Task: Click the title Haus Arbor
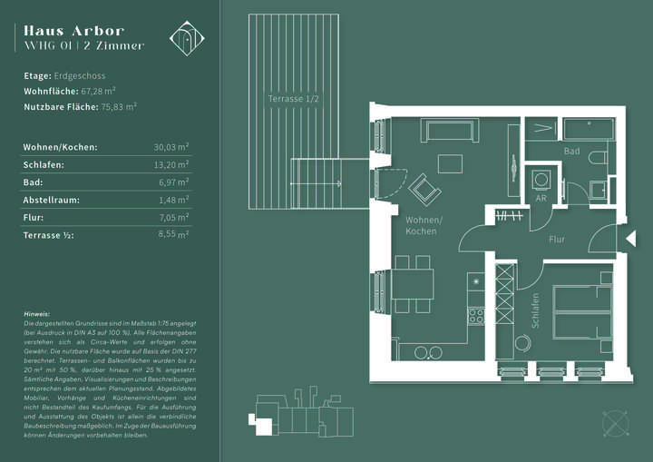tap(73, 31)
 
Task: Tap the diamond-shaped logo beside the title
tap(188, 37)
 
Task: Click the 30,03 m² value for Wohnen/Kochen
tap(171, 146)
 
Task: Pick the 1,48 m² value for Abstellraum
tap(171, 200)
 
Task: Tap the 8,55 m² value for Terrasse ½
tap(171, 235)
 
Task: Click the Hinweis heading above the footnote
tap(38, 314)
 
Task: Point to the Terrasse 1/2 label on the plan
tap(293, 98)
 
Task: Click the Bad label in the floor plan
tap(571, 151)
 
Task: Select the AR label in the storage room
tap(541, 197)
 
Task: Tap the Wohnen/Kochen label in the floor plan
tap(424, 226)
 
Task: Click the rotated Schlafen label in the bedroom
tap(536, 310)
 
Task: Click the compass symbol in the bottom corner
tap(616, 424)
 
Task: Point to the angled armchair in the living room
tap(424, 190)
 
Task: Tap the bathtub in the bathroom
tap(589, 129)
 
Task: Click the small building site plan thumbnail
tap(300, 416)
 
